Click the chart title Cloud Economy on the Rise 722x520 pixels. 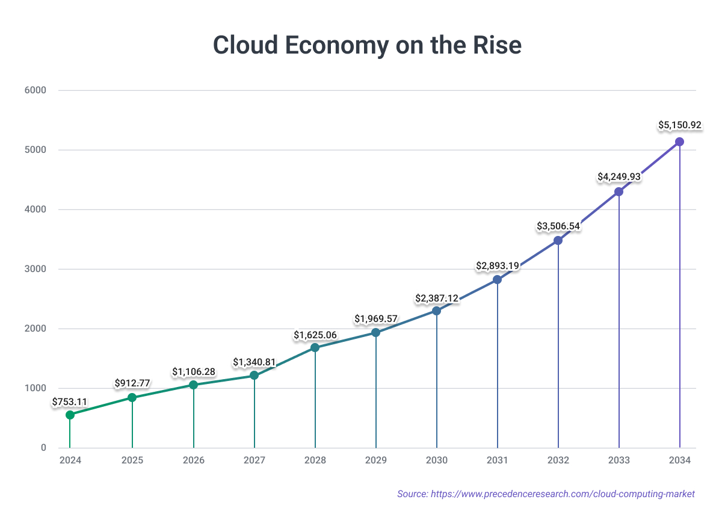coord(367,45)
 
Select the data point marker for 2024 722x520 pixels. coord(70,415)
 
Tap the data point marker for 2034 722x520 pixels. coord(679,142)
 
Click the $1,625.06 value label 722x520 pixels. coord(315,335)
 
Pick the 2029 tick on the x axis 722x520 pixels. coord(376,460)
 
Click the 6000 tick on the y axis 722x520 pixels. coord(35,91)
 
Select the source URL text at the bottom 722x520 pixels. coord(546,494)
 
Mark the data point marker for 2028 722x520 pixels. coord(315,347)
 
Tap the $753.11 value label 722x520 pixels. coord(70,401)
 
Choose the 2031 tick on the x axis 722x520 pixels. coord(498,460)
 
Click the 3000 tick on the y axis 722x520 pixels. coord(35,269)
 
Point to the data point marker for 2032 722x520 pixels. coord(558,240)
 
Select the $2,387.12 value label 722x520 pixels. coord(437,298)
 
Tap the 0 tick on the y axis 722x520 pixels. coord(43,448)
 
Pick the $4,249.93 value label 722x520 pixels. coord(619,177)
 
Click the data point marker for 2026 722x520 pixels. coord(193,385)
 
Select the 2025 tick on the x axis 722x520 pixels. coord(132,460)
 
